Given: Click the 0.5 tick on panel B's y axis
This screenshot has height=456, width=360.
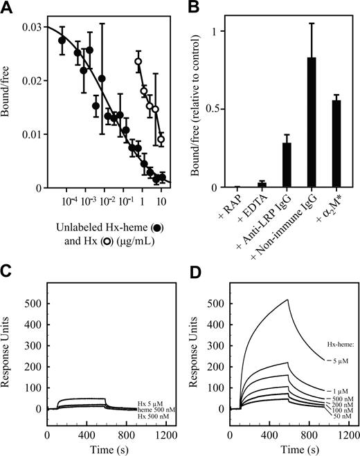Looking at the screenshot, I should (x=220, y=109).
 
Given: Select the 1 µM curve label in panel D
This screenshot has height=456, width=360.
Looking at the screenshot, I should (x=339, y=390).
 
